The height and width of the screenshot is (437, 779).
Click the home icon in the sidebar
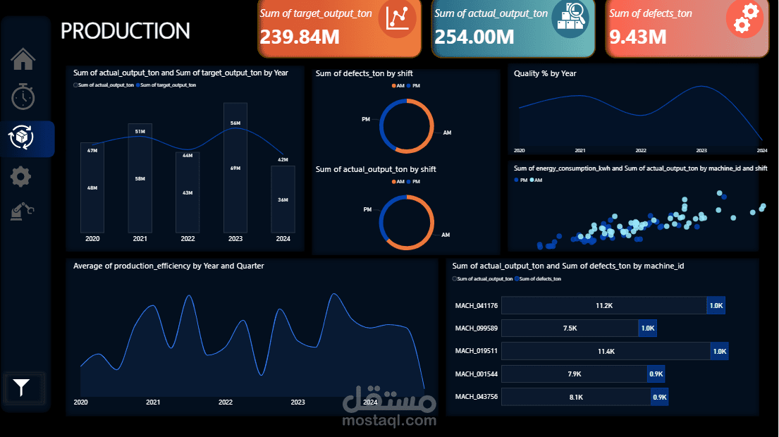23,59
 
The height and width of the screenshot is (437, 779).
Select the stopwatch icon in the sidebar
23,97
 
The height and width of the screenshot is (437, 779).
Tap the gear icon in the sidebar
21,176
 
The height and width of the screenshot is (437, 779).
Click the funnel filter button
23,387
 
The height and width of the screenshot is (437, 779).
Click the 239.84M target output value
300,36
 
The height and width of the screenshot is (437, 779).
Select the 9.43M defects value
638,36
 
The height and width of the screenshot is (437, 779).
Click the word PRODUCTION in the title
125,31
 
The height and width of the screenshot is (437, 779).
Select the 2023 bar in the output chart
235,168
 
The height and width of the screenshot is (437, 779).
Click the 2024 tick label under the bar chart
283,239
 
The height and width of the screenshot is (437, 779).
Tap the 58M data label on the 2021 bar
140,179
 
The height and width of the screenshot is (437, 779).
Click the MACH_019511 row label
477,351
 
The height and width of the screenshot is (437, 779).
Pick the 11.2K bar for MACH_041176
606,306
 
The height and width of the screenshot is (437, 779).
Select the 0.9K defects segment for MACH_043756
660,397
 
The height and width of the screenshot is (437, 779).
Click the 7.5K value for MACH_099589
570,328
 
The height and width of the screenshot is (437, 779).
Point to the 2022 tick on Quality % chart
641,151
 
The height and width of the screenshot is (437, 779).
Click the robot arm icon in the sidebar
22,211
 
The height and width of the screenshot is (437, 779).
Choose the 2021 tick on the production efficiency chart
153,402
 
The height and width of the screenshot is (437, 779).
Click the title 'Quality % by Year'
545,73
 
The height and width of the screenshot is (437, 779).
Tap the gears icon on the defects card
745,18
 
